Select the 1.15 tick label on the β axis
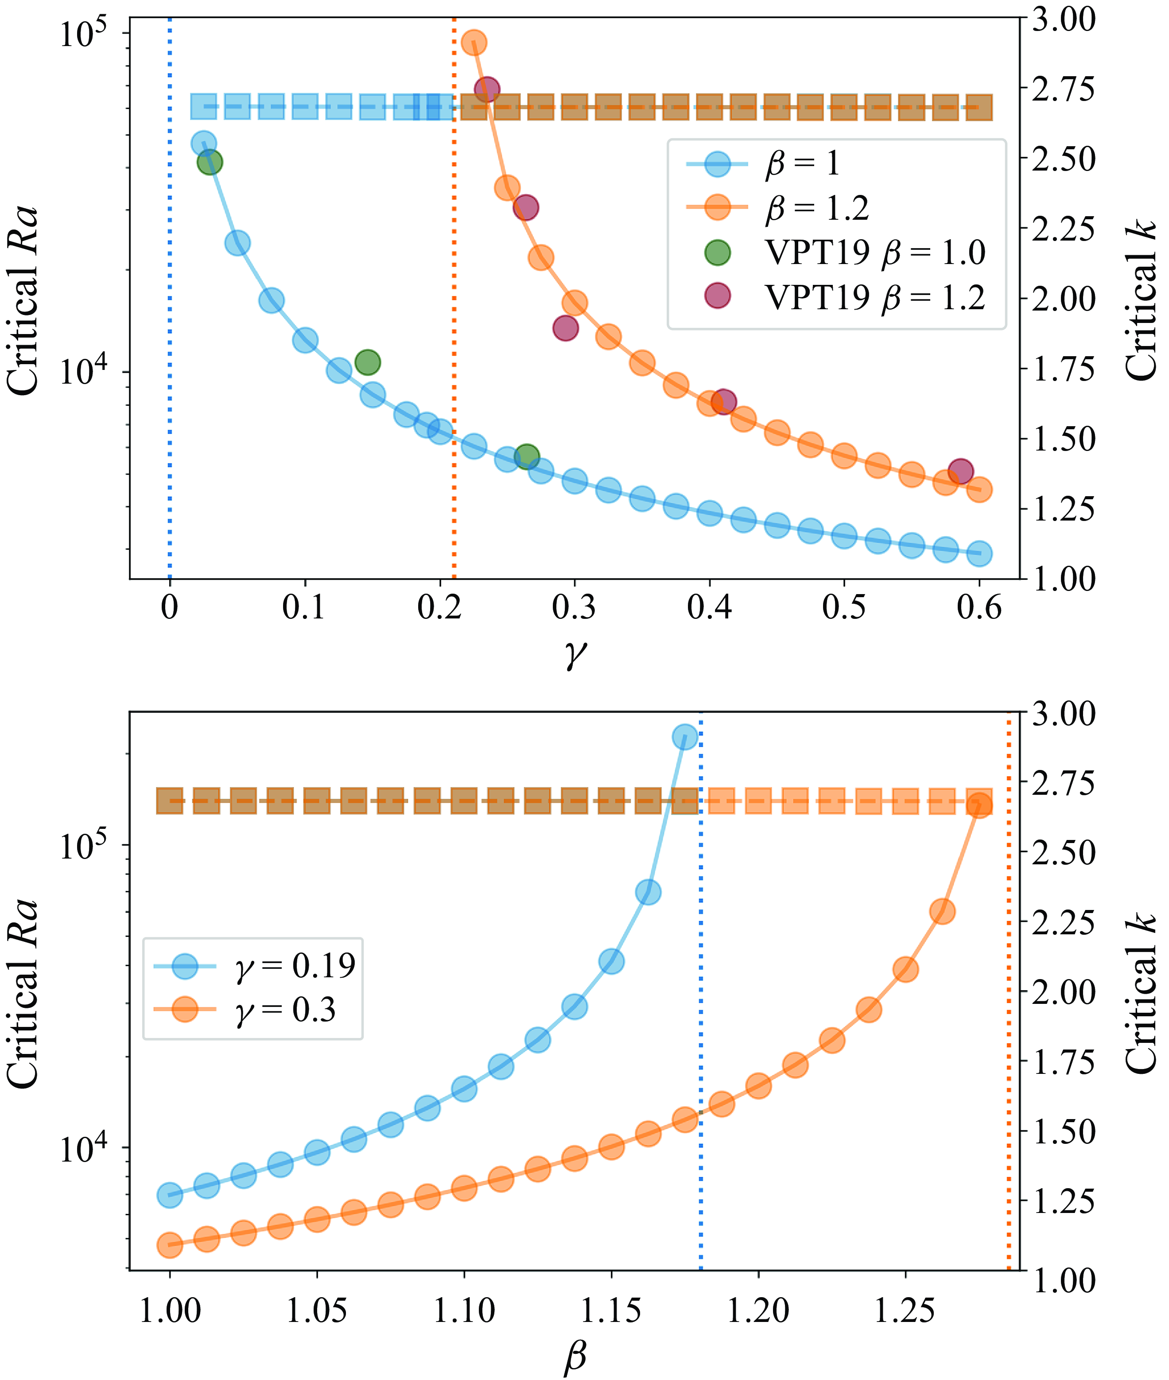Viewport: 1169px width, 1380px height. [x=611, y=1310]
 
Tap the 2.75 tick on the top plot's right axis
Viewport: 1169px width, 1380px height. [x=1064, y=89]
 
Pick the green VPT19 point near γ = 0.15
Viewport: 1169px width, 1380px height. [x=367, y=362]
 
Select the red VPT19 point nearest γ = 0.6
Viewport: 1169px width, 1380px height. [x=960, y=471]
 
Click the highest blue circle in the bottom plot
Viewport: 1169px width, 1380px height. [x=684, y=736]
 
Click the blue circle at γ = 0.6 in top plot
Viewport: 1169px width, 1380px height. [x=979, y=553]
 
